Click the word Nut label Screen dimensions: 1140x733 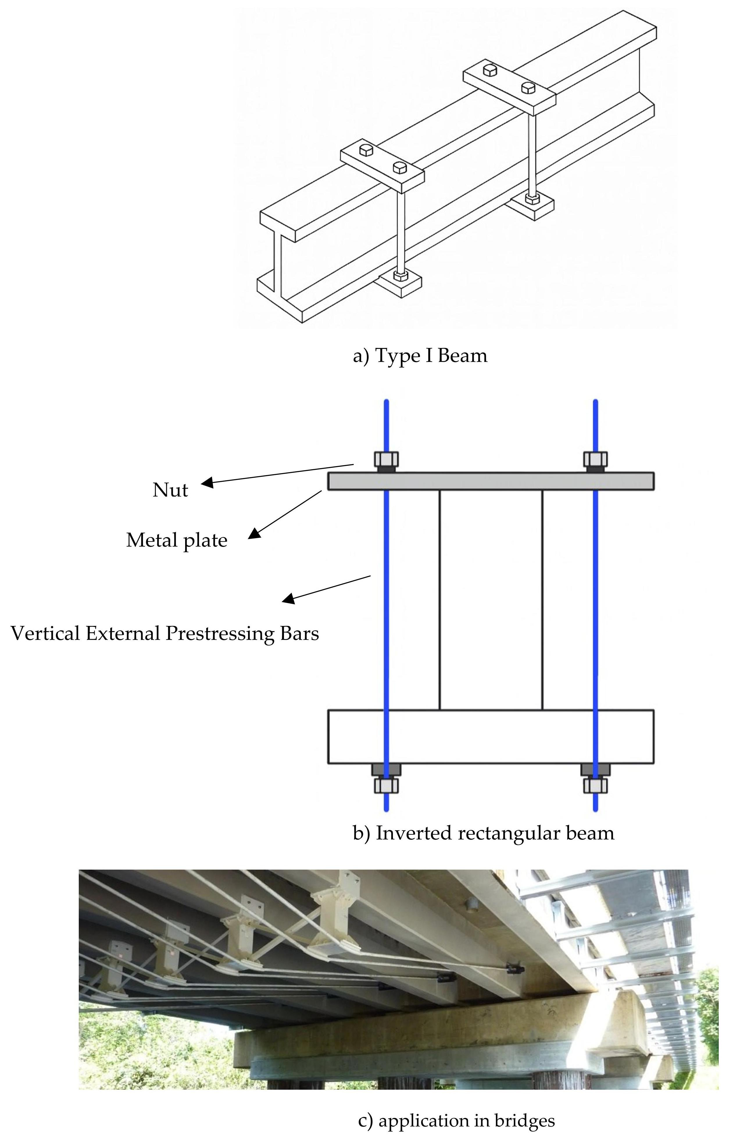click(x=170, y=490)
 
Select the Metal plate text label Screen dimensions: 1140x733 click(x=177, y=540)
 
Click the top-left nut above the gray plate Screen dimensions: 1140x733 click(x=386, y=460)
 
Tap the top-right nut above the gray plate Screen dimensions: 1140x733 click(x=595, y=460)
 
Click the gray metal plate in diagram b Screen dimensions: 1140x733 click(x=490, y=481)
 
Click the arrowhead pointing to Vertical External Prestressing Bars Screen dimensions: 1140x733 click(x=288, y=599)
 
